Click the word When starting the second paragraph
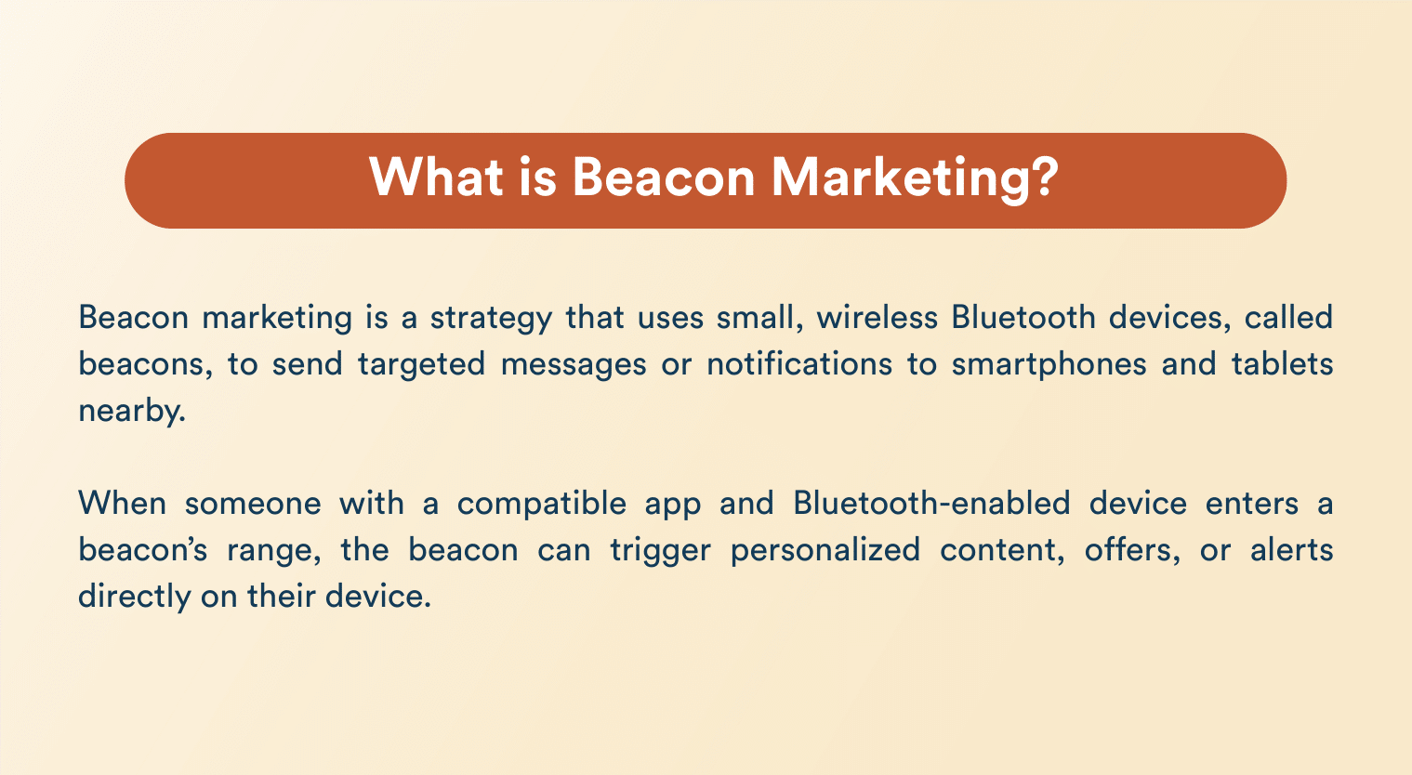coord(123,504)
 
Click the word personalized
coord(825,551)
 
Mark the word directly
coord(134,597)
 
